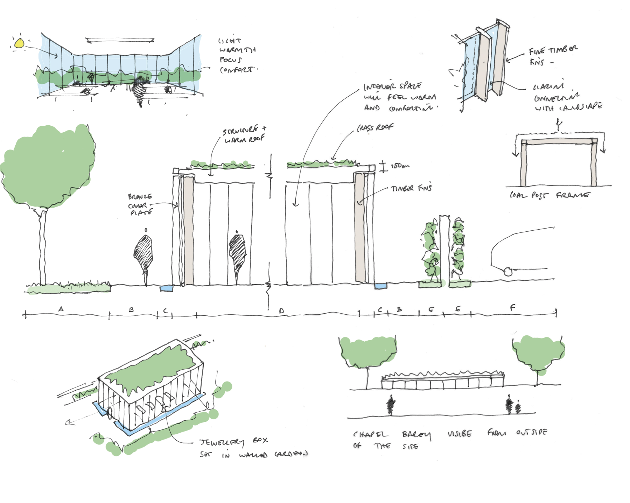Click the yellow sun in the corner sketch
click(x=20, y=43)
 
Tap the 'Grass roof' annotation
click(x=375, y=128)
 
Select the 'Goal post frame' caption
click(x=549, y=195)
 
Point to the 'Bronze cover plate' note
click(x=140, y=205)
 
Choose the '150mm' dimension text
click(x=400, y=166)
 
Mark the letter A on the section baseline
click(x=61, y=309)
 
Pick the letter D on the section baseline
click(x=281, y=310)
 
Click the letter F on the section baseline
click(x=512, y=308)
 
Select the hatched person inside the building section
click(x=237, y=252)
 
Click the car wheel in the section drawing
click(x=508, y=271)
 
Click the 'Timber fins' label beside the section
click(x=411, y=188)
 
